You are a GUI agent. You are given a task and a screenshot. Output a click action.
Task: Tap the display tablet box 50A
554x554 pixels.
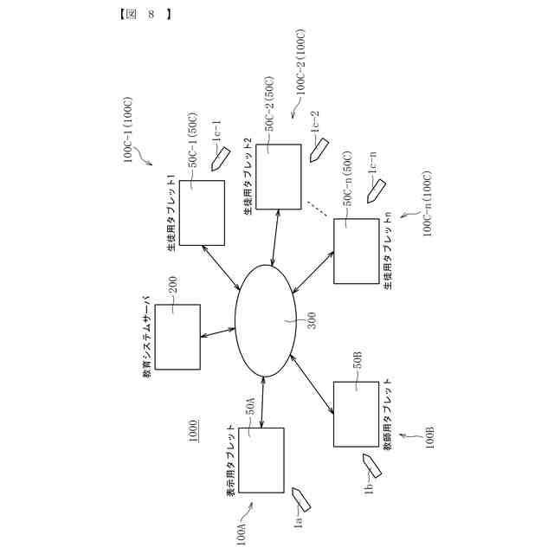(x=261, y=459)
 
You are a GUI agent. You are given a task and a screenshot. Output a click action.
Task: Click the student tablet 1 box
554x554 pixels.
(x=201, y=213)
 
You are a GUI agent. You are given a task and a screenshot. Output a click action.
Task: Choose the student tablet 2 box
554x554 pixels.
(x=278, y=177)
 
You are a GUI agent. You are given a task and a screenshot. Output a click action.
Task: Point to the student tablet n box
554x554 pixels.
(x=356, y=250)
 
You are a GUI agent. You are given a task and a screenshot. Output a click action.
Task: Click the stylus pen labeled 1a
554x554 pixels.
(x=301, y=499)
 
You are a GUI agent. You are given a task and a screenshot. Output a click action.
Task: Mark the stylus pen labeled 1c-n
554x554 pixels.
(x=374, y=191)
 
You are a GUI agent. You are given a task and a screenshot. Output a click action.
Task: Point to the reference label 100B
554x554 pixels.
(x=429, y=437)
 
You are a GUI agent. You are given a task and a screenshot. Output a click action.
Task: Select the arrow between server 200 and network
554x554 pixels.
(x=217, y=333)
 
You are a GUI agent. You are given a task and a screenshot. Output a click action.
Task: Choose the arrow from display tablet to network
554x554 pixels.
(x=262, y=403)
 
